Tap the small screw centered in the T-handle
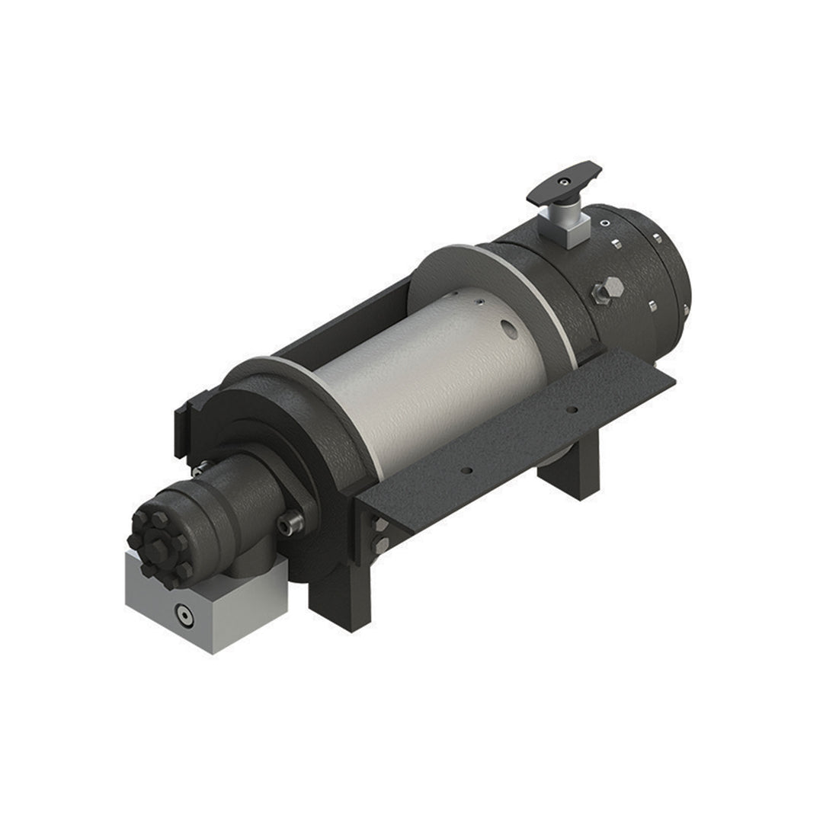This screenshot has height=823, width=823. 562,181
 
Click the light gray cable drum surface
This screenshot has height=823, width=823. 427,381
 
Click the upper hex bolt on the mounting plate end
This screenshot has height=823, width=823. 379,525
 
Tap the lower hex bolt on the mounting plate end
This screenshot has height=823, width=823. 380,544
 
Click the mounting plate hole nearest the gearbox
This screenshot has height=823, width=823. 572,410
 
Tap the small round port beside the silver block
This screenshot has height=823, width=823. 604,224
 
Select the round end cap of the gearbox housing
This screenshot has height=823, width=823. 671,267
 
